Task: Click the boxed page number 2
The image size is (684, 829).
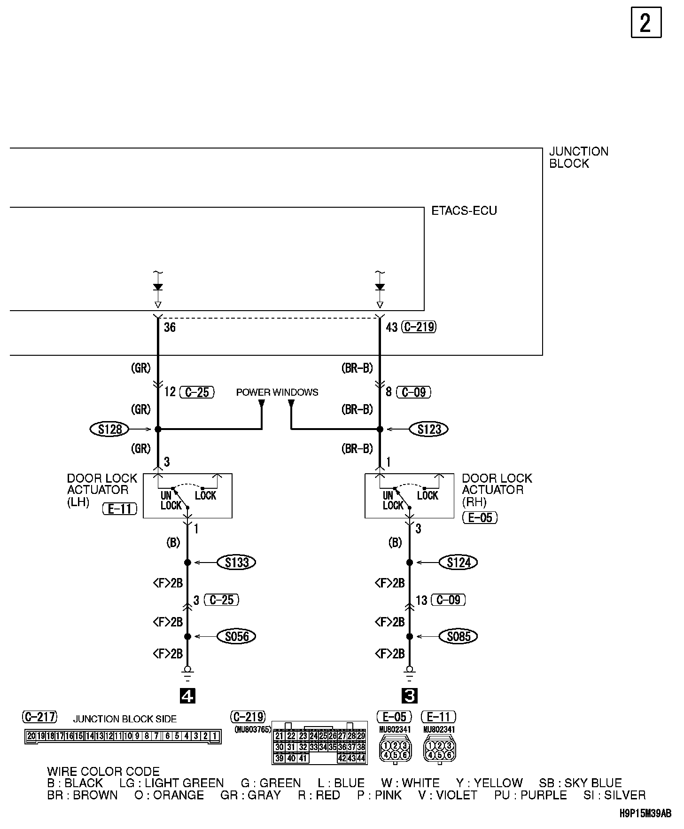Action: click(x=645, y=23)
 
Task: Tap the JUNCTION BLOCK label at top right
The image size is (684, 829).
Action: click(x=578, y=157)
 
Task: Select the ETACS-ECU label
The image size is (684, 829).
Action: click(x=464, y=211)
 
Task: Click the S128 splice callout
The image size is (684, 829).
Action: click(x=110, y=429)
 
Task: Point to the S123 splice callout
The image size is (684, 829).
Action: click(x=429, y=429)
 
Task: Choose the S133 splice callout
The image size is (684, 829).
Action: click(x=237, y=563)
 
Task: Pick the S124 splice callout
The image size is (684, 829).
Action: click(x=459, y=563)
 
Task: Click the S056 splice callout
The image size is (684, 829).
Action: click(x=237, y=636)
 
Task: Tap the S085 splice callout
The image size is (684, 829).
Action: click(x=459, y=636)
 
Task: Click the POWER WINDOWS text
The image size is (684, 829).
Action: click(x=277, y=392)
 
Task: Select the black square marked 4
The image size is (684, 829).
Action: click(x=187, y=696)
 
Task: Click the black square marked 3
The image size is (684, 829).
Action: click(x=410, y=696)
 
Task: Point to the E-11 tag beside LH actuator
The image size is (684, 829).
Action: click(x=119, y=509)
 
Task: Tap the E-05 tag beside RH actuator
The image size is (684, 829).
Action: click(x=480, y=518)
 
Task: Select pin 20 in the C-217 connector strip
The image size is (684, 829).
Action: click(x=31, y=736)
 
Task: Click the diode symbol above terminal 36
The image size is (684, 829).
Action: click(x=158, y=287)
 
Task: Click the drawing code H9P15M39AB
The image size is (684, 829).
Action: click(x=645, y=813)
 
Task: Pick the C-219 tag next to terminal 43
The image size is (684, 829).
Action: click(x=420, y=327)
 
